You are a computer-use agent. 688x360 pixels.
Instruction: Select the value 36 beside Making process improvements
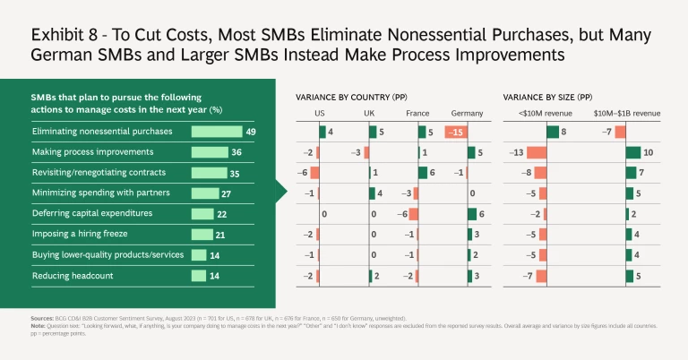coord(236,152)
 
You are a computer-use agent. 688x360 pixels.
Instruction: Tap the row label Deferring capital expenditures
coord(82,214)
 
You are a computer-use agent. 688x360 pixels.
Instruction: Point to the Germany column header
coord(467,114)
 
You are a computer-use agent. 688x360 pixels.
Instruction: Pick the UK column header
coord(369,114)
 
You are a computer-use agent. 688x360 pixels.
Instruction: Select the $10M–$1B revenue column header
coord(627,114)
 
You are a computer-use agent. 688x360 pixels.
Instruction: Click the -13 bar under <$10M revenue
coord(537,153)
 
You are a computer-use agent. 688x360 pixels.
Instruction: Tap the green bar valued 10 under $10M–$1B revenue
coord(633,153)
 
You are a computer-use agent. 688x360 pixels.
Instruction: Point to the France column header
coord(417,114)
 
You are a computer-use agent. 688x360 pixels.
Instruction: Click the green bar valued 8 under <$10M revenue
coord(553,133)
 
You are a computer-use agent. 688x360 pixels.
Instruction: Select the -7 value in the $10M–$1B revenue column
coord(606,133)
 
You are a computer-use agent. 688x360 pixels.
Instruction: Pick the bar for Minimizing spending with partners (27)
coord(205,193)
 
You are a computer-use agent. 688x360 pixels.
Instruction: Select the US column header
coord(320,114)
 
